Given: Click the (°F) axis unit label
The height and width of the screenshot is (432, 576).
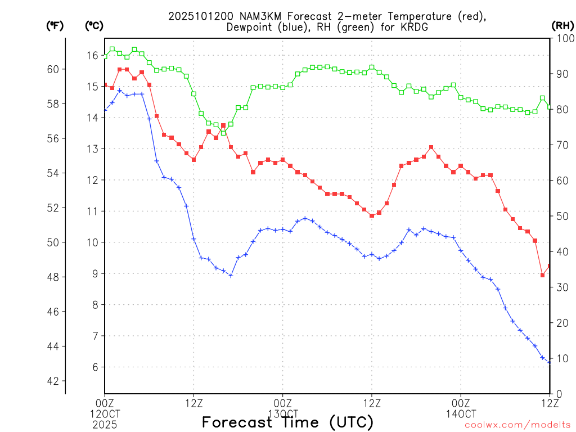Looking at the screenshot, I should [55, 25].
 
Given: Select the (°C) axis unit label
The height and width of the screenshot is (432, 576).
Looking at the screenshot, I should [94, 25].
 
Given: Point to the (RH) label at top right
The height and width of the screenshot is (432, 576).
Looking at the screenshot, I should [562, 25].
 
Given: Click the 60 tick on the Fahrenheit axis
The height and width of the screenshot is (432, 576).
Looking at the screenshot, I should [53, 69].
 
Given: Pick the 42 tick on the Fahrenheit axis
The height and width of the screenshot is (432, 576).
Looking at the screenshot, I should [53, 381].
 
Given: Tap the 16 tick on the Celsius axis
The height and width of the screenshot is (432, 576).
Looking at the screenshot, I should [92, 55].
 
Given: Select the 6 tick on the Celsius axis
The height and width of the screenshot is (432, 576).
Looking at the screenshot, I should [94, 367].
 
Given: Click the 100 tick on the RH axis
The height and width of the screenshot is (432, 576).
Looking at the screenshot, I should [564, 38].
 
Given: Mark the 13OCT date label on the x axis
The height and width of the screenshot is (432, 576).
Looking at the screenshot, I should [283, 412].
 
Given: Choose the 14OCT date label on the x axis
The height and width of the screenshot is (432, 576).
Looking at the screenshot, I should [461, 412].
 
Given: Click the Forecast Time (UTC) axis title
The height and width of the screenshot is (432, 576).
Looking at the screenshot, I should [287, 422].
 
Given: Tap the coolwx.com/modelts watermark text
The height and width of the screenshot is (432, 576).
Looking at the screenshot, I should [518, 425].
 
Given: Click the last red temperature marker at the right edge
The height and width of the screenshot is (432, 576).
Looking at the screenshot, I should [550, 266].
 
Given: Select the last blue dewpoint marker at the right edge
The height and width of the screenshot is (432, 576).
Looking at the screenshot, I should [550, 362].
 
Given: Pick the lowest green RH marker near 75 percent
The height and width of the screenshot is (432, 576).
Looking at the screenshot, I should [223, 133].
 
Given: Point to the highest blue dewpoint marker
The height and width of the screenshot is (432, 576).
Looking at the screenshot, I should [119, 91].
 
